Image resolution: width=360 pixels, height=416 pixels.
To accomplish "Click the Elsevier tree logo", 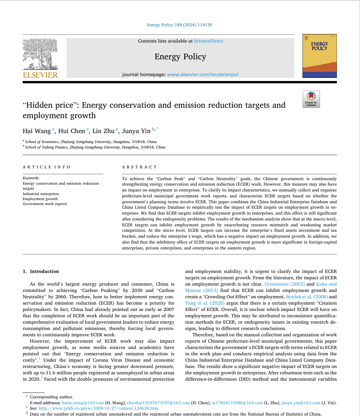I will (40, 54).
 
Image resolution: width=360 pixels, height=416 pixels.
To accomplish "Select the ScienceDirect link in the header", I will (208, 41).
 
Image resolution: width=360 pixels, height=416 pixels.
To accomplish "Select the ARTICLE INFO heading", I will (46, 167).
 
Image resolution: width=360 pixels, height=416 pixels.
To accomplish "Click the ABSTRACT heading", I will (139, 167).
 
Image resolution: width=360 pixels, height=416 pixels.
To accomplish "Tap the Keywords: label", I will (31, 178).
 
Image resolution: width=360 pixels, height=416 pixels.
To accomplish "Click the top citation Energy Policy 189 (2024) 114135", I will (179, 25).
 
